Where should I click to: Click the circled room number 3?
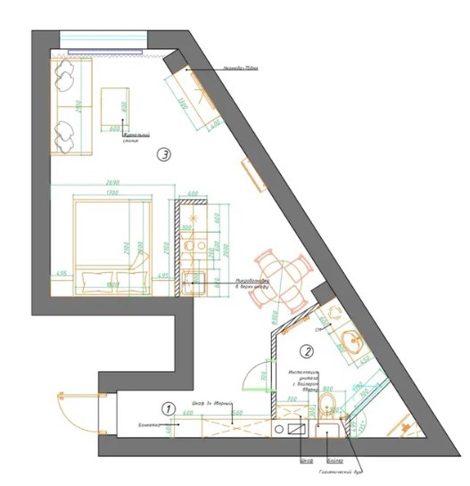(x=164, y=154)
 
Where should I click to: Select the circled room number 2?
(x=306, y=351)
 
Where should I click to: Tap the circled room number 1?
(x=167, y=408)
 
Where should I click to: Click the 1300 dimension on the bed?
(x=111, y=193)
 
